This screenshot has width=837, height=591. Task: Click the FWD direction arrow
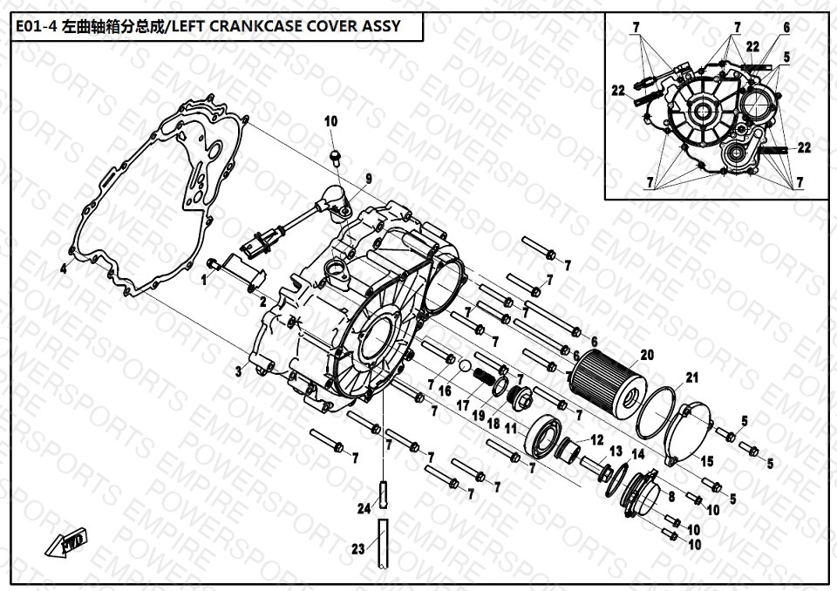[x=65, y=542]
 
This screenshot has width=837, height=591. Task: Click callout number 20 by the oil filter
[x=647, y=355]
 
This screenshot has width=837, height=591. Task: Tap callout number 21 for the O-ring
[x=691, y=378]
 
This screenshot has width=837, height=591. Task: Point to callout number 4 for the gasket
[x=64, y=268]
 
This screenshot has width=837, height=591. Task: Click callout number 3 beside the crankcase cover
[x=239, y=371]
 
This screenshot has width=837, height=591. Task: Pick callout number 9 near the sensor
[x=368, y=179]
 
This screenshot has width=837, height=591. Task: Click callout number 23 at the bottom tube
[x=358, y=549]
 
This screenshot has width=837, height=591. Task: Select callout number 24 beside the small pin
[x=364, y=509]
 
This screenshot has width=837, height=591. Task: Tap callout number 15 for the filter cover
[x=707, y=461]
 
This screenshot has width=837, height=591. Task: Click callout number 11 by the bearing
[x=511, y=429]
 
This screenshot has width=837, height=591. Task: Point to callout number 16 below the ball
[x=445, y=392]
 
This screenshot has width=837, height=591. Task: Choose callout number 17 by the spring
[x=463, y=406]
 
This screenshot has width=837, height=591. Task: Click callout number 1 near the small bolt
[x=204, y=280]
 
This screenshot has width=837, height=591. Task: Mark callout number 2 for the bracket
[x=262, y=302]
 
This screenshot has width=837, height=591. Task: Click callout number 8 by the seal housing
[x=671, y=497]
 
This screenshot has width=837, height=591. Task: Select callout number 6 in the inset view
[x=786, y=27]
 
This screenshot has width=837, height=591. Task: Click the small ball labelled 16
[x=465, y=366]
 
